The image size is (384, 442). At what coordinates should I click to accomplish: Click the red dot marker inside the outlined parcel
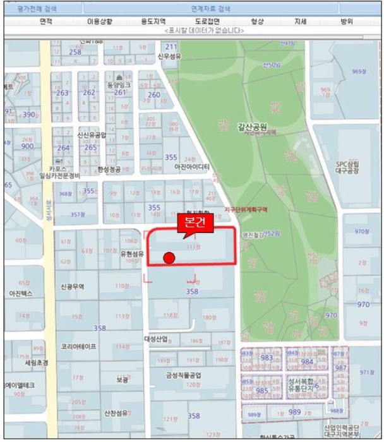pos(169,258)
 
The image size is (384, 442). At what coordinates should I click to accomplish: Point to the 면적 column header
pos(46,21)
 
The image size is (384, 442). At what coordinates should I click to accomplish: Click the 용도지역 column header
pos(153,21)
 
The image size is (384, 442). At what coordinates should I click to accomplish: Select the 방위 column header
pos(346,21)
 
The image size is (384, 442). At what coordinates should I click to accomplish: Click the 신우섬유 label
pos(169,56)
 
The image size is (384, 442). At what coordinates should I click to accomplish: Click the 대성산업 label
pos(156,339)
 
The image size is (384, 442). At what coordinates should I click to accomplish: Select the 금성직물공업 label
pos(183,376)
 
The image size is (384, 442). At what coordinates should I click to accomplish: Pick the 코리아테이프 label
pos(79,347)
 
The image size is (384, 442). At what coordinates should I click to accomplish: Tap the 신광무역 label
pos(73,286)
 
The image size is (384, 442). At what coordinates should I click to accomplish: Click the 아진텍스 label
pos(20,294)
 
